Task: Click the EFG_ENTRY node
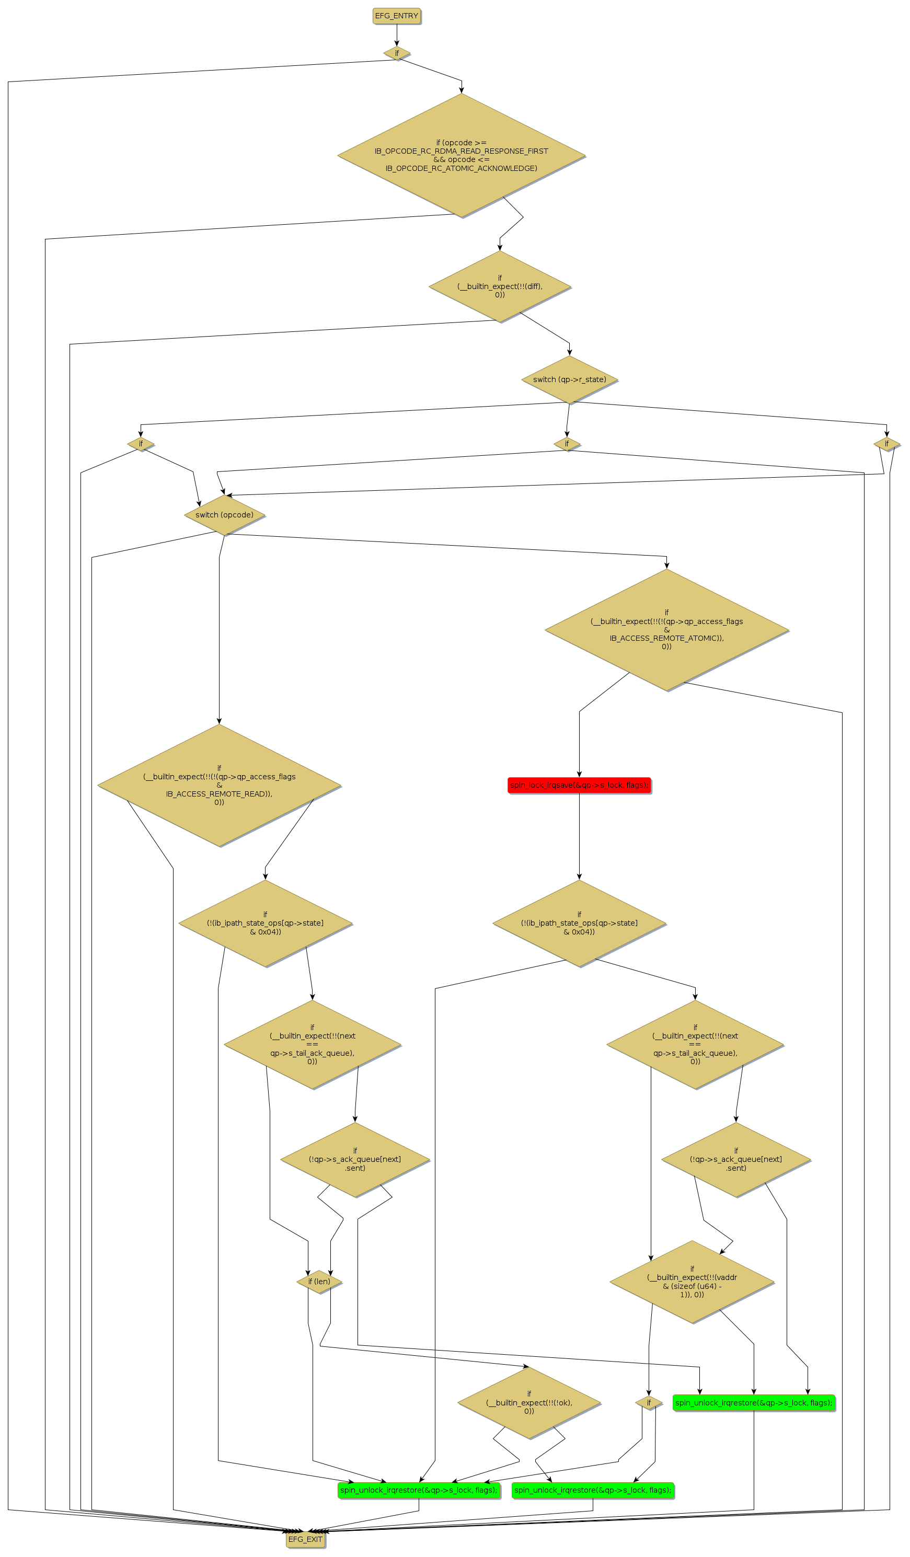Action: click(396, 16)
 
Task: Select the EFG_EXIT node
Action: click(305, 1539)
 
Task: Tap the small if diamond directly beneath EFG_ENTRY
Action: click(397, 53)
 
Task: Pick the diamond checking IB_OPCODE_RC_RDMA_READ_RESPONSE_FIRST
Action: click(461, 155)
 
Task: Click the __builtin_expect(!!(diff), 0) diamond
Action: click(499, 286)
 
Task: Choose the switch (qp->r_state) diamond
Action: click(569, 379)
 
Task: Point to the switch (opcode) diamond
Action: click(224, 515)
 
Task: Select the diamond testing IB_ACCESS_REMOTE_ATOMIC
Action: click(666, 630)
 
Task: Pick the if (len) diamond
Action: click(319, 1282)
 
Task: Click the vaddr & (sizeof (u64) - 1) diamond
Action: click(692, 1282)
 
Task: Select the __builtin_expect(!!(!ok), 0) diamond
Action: click(529, 1402)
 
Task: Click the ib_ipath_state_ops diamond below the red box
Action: click(579, 923)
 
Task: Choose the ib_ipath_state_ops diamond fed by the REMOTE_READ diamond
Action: click(265, 923)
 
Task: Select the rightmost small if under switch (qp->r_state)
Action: click(886, 444)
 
